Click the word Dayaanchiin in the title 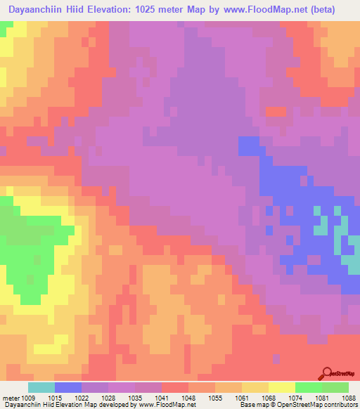39,9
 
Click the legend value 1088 345,398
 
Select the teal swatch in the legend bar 41,387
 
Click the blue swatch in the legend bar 67,387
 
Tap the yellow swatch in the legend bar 281,387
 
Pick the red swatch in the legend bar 174,387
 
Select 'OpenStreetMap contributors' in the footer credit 326,405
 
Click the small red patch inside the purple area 276,111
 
